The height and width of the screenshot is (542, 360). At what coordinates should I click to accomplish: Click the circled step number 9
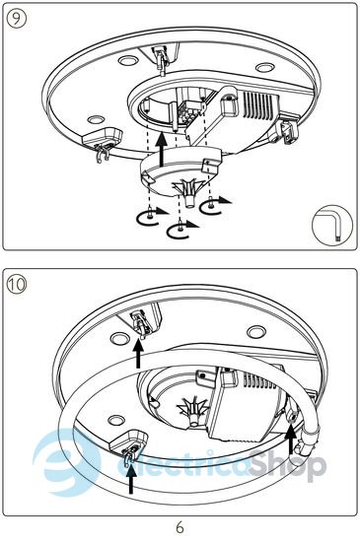point(16,19)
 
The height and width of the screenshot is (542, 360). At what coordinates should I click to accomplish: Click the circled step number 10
point(16,285)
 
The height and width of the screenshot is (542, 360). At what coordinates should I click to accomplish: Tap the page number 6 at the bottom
point(180,528)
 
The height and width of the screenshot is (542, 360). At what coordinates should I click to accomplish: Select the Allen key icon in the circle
point(332,226)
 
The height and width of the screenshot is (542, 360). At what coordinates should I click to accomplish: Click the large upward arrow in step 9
point(162,150)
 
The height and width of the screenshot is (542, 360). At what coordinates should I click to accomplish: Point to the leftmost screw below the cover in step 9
point(149,216)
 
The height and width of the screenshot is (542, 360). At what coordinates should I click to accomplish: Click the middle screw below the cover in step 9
point(180,226)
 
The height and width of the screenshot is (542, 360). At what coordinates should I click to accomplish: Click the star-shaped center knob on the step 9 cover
point(189,191)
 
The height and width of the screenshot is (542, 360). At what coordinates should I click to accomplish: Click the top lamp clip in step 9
point(161,60)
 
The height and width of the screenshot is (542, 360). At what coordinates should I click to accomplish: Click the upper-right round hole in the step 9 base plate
point(265,67)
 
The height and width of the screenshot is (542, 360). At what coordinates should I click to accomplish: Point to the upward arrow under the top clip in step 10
point(139,353)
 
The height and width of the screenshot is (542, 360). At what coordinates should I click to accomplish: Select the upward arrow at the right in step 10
point(291,439)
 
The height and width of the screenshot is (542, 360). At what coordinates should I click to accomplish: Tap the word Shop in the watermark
point(288,464)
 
